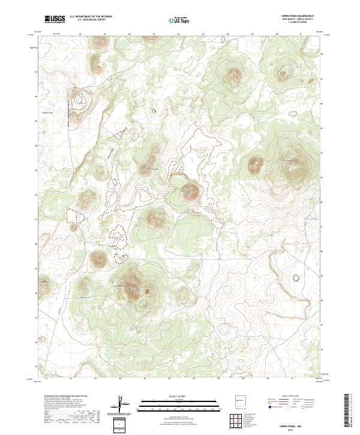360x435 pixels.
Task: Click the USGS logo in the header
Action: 55,19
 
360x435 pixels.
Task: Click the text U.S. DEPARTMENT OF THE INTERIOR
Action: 91,17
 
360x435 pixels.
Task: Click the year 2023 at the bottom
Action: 295,429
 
